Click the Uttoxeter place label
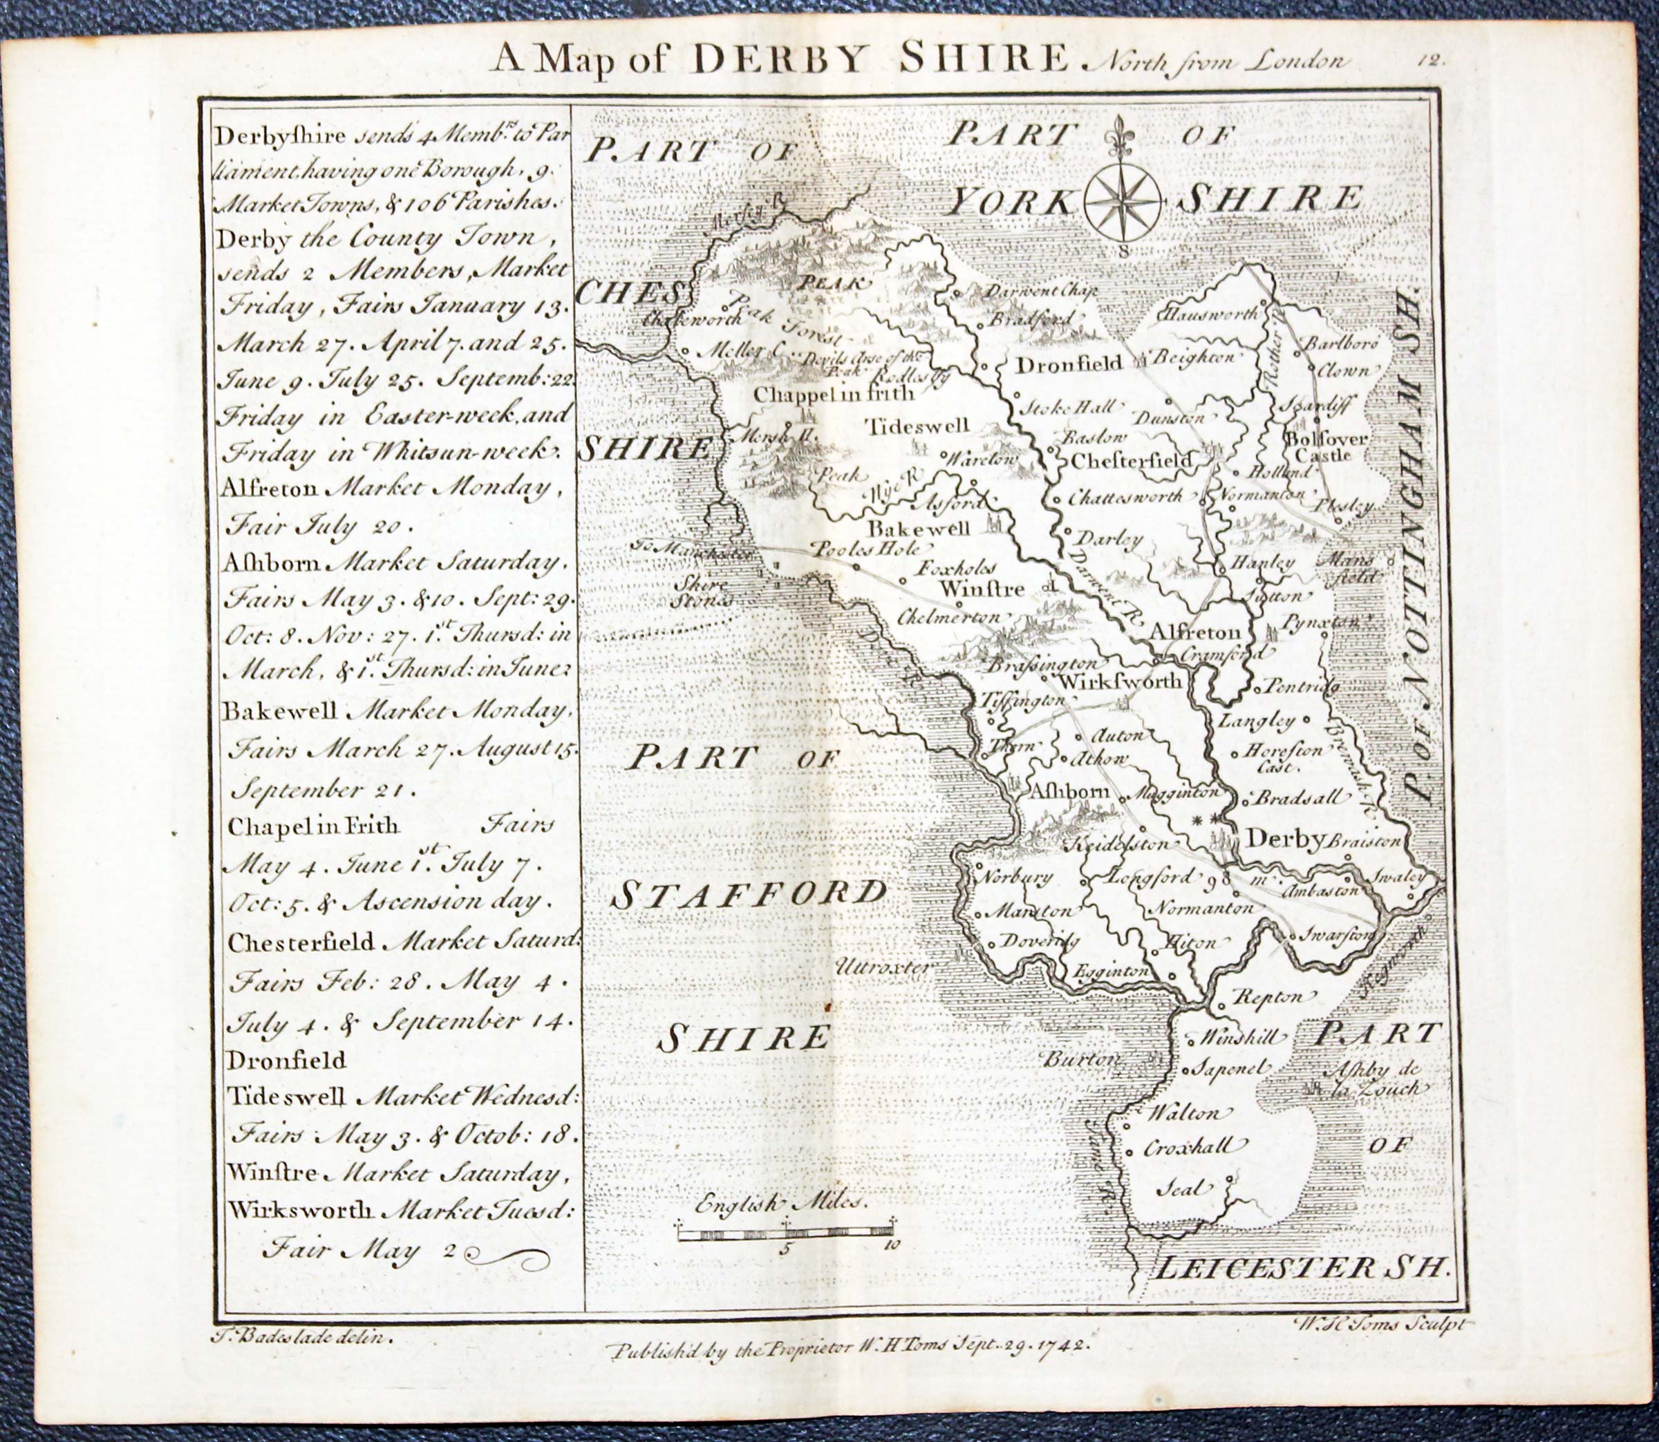coord(883,967)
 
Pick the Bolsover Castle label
coord(1315,446)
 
